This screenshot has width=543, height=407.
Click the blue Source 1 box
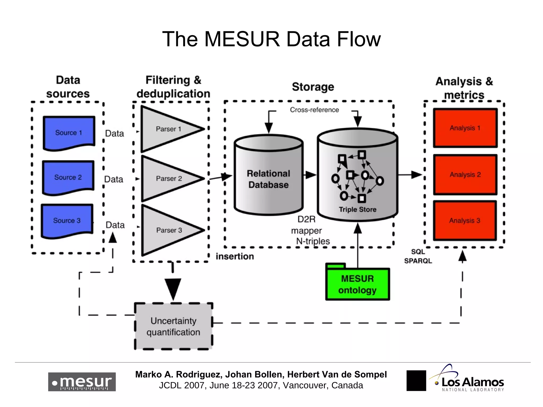click(69, 132)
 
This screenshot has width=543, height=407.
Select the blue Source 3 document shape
click(67, 220)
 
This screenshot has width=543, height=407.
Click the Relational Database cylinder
click(268, 179)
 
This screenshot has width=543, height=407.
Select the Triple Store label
click(357, 209)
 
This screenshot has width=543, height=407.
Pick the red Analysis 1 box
click(465, 128)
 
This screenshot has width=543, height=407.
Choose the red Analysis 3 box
click(465, 220)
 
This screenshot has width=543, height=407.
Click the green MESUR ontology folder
click(357, 284)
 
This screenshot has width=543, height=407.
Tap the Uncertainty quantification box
click(173, 326)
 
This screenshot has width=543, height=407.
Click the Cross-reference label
click(314, 110)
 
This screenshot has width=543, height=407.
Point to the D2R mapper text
click(306, 225)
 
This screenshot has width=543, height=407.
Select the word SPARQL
click(418, 261)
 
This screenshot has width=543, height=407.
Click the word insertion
click(235, 256)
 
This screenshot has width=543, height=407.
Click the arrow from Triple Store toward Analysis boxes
click(410, 175)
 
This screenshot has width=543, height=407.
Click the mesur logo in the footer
click(82, 382)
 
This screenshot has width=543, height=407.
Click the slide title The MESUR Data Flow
click(271, 39)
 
